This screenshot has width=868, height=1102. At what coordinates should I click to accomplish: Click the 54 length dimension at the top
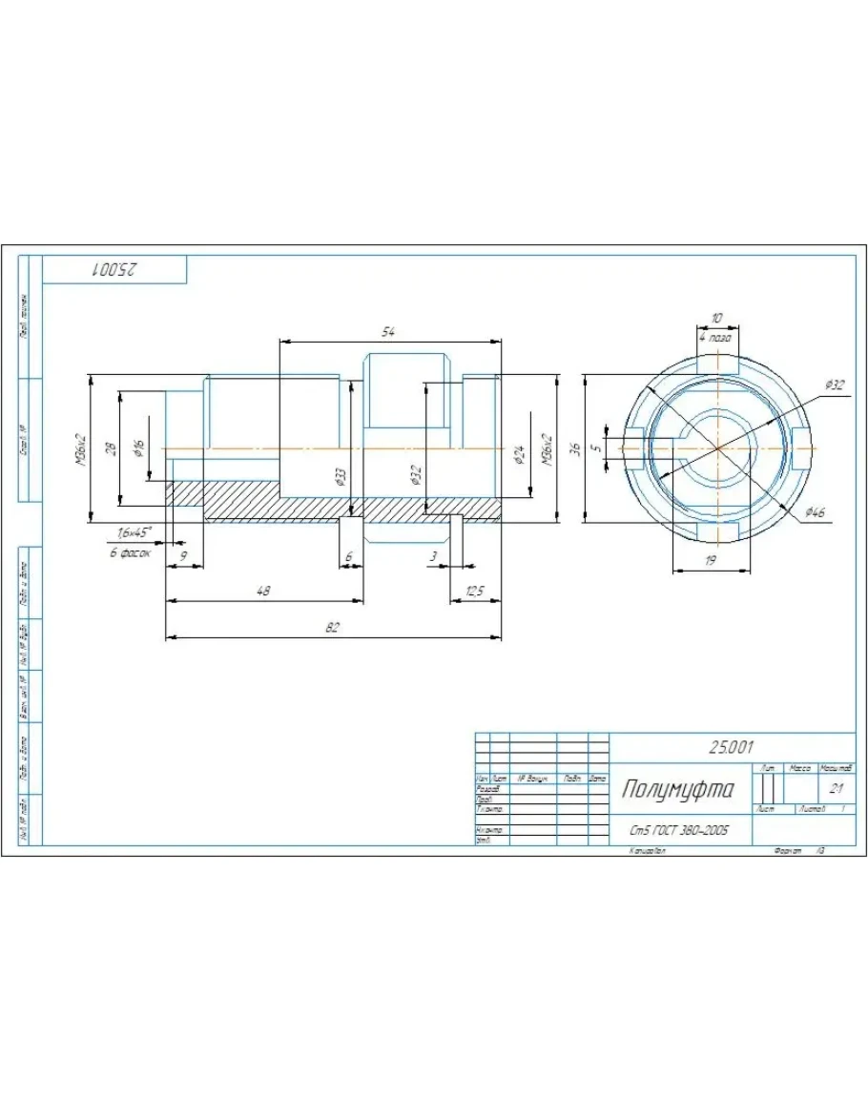[x=388, y=332]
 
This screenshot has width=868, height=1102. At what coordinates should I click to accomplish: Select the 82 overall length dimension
[x=332, y=628]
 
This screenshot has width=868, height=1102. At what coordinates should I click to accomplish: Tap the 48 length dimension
[x=263, y=592]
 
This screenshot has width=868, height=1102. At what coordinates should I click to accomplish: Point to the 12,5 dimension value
[x=475, y=592]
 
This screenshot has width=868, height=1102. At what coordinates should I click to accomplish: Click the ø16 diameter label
[x=139, y=447]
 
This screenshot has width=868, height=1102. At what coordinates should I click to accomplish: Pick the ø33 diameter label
[x=341, y=476]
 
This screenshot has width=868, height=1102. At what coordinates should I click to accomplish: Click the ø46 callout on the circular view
[x=814, y=512]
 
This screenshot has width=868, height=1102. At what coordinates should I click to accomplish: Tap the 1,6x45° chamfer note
[x=134, y=532]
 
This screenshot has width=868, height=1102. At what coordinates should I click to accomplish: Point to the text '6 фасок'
[x=130, y=552]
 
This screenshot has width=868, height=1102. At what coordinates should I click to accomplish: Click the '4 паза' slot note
[x=715, y=338]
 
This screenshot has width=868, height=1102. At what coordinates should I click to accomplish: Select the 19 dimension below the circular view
[x=710, y=561]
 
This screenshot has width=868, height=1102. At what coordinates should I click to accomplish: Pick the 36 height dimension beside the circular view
[x=574, y=447]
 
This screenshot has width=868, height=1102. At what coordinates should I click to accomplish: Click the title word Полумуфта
[x=679, y=789]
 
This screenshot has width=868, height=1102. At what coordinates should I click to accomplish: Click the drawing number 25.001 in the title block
[x=732, y=747]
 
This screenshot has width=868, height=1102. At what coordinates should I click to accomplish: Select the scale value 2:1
[x=836, y=789]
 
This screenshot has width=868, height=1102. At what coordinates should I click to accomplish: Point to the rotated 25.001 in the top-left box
[x=114, y=270]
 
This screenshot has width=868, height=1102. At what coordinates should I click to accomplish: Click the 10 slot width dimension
[x=716, y=318]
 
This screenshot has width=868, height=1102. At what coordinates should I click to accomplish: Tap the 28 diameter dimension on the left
[x=111, y=447]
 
